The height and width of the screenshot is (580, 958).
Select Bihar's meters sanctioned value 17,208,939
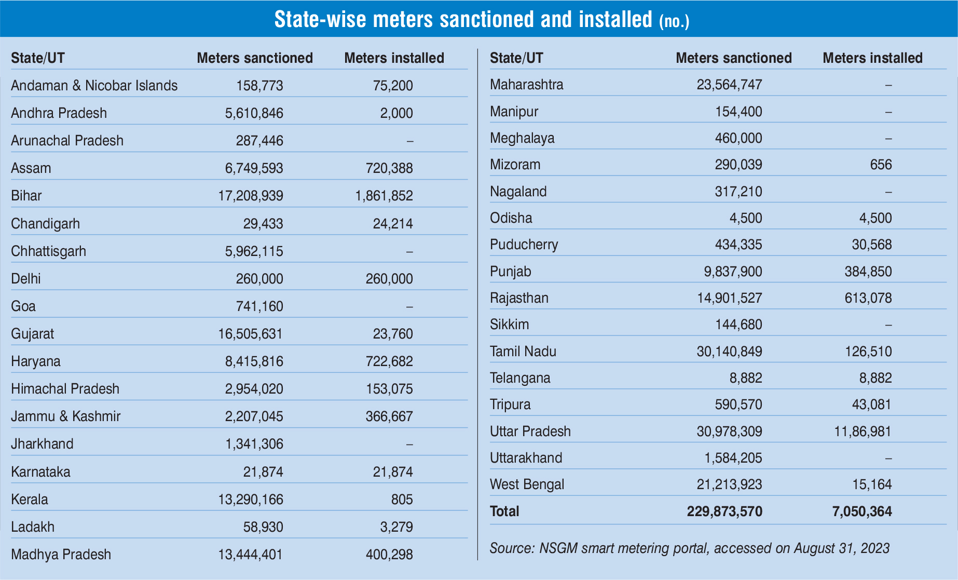coord(251,196)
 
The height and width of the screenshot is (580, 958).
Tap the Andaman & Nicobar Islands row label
coord(94,86)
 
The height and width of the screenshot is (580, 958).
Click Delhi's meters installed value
coord(389,279)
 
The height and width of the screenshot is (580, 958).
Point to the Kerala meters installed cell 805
coord(402,500)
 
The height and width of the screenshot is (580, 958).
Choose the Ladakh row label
coord(33,527)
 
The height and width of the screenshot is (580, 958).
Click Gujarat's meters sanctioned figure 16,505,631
coord(251,334)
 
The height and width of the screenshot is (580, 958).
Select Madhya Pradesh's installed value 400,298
coord(389,555)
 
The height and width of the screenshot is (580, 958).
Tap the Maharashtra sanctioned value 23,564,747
coord(729,85)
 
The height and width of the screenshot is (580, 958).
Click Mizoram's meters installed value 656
coord(881,165)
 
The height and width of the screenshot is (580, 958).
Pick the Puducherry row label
coord(524,245)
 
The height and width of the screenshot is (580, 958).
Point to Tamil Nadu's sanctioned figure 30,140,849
coord(729,352)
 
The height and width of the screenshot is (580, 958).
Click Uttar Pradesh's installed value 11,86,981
coord(863,431)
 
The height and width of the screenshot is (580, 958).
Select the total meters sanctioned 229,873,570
coord(724,511)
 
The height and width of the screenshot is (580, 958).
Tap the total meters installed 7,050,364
coord(862,511)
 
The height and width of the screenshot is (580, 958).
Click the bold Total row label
coord(504,511)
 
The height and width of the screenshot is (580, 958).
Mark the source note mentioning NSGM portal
coord(689,548)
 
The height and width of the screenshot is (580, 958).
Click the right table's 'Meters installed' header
coord(872,58)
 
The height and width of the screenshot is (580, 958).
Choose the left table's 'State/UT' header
coord(38,58)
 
